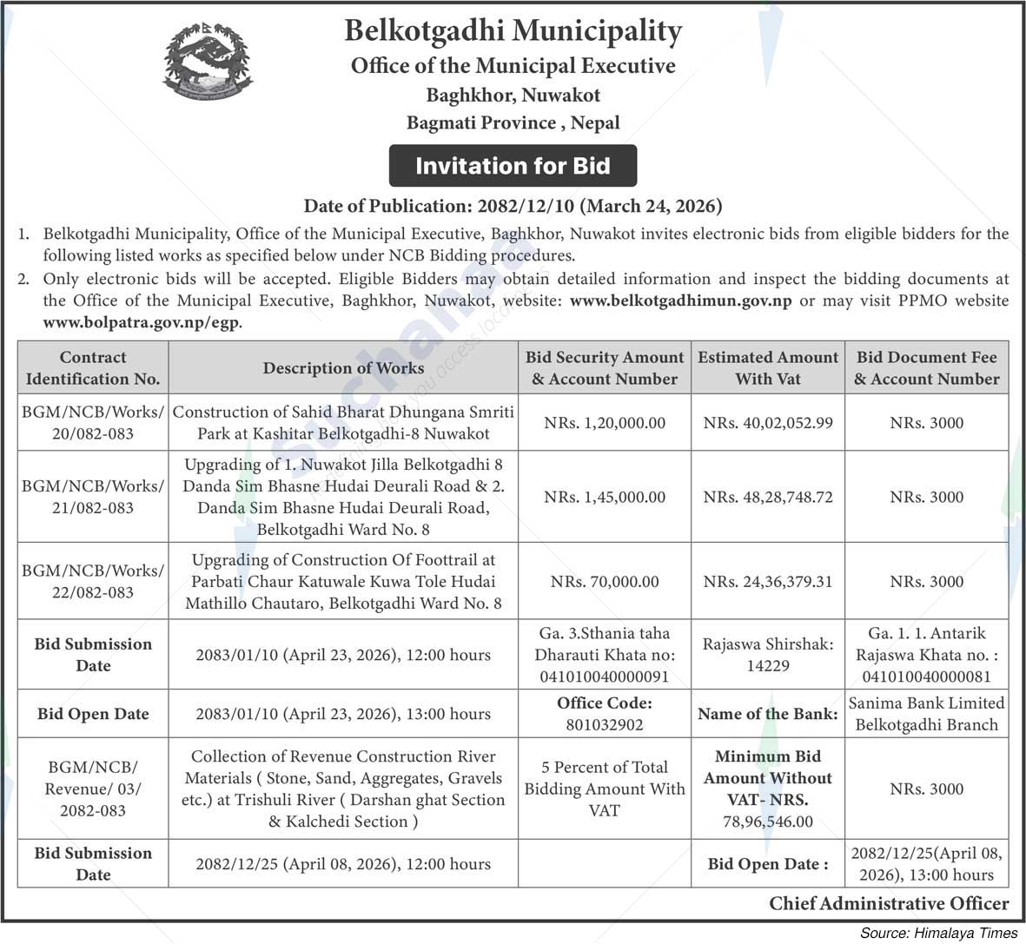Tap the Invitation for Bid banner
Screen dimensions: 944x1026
pos(513,166)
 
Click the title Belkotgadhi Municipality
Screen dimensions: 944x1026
pos(513,31)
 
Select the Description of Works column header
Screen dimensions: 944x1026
pos(343,367)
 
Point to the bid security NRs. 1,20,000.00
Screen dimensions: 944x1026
pos(605,423)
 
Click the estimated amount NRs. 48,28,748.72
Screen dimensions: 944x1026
pos(768,497)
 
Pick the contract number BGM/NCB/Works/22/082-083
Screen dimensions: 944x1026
pos(93,581)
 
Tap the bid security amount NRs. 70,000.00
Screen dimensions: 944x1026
pos(605,581)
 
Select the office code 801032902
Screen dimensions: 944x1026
pos(605,724)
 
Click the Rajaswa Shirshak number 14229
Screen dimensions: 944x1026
pos(768,665)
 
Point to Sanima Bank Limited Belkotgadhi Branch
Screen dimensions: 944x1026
pos(926,714)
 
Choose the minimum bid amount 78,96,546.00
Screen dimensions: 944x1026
pos(768,821)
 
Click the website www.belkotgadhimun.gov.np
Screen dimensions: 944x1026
pos(680,300)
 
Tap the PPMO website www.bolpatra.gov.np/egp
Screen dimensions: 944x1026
pos(142,322)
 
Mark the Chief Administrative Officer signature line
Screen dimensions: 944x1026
pos(889,904)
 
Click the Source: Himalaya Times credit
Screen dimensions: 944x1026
pos(938,933)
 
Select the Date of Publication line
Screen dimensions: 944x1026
pos(513,207)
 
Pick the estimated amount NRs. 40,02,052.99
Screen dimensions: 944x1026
pos(768,423)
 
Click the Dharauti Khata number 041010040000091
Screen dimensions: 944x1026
pos(605,677)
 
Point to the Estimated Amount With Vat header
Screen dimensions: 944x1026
pos(768,367)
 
